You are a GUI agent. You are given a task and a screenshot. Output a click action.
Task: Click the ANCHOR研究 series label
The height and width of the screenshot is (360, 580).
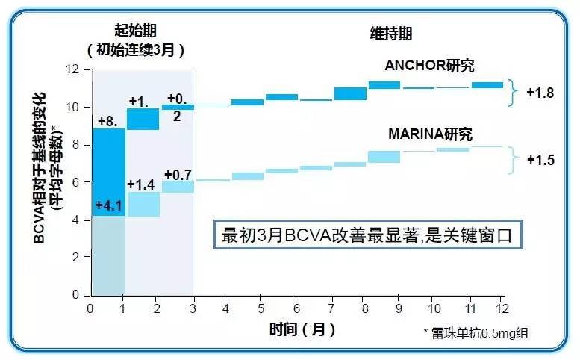(x=429, y=66)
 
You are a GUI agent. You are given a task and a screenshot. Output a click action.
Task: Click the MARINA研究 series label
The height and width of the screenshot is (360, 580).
(x=431, y=134)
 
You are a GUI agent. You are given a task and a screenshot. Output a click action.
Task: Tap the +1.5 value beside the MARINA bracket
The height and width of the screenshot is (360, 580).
(x=540, y=159)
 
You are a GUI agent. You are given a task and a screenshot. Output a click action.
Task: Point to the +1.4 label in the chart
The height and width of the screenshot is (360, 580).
(x=140, y=184)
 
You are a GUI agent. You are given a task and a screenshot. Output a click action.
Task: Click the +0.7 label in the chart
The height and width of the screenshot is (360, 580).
(x=178, y=174)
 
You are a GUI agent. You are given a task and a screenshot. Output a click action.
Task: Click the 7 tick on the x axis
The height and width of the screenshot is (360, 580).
(x=329, y=308)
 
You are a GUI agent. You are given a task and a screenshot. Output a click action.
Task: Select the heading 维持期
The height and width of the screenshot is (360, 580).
(x=391, y=34)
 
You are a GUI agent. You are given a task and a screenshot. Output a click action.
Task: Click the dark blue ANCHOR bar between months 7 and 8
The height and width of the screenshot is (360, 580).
(x=345, y=93)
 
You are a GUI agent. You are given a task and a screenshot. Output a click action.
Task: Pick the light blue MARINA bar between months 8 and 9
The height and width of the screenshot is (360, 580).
(x=384, y=156)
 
